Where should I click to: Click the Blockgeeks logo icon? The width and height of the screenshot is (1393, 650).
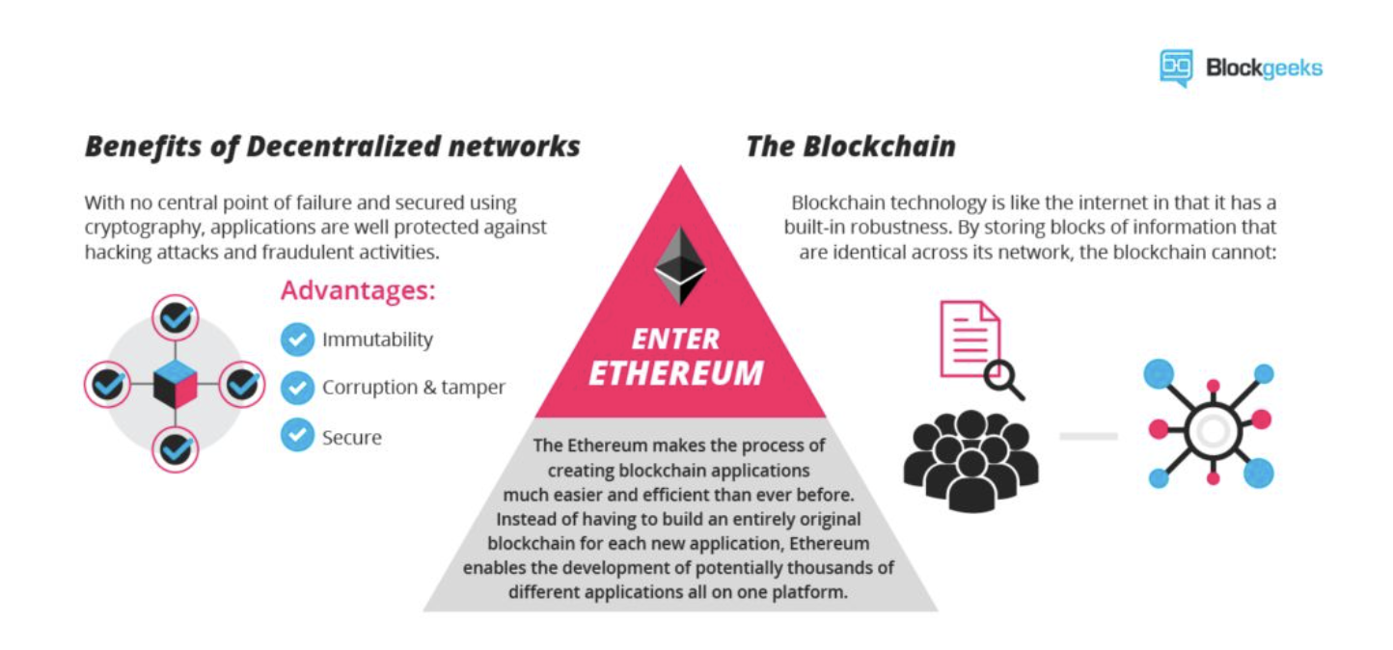(x=1176, y=68)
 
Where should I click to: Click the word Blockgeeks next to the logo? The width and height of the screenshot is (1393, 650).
(x=1265, y=68)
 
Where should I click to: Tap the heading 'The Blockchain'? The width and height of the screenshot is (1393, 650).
(x=851, y=147)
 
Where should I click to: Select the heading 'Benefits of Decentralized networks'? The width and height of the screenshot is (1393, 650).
(x=333, y=148)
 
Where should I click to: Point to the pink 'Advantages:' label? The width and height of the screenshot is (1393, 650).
(x=358, y=290)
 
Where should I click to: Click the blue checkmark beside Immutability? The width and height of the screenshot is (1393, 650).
(x=297, y=339)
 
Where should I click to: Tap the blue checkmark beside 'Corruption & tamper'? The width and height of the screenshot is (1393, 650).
(x=297, y=387)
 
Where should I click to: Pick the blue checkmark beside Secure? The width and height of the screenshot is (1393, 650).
(x=297, y=435)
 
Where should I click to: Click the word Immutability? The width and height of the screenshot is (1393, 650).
(x=377, y=339)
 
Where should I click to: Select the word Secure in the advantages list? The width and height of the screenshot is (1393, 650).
(x=352, y=438)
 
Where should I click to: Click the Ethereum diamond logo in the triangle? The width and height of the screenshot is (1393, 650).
(x=680, y=265)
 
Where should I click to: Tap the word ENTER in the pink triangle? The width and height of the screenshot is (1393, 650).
(x=676, y=339)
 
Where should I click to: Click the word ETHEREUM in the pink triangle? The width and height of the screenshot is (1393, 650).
(x=676, y=373)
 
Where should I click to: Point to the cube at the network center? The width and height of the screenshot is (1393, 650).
(x=176, y=384)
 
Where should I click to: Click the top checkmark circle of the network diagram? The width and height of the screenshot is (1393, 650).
(x=176, y=317)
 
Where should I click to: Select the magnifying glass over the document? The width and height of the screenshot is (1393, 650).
(x=1004, y=379)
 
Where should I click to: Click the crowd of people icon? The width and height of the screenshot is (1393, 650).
(x=970, y=460)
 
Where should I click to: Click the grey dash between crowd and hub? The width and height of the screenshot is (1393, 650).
(x=1089, y=436)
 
